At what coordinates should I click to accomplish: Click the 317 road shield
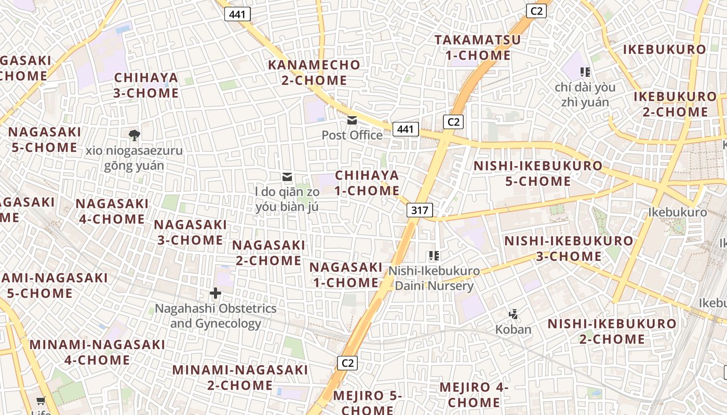coord(419,210)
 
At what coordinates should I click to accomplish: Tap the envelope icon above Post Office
coord(352,121)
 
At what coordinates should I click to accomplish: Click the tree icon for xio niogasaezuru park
coord(134,135)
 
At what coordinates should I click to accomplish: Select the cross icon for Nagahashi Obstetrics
coord(216,293)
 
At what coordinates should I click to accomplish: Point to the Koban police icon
coord(514,314)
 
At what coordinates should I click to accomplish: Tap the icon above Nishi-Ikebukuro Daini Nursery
coord(434,255)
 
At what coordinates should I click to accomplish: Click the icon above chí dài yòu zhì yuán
coord(585,72)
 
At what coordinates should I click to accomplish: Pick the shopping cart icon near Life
coord(41,400)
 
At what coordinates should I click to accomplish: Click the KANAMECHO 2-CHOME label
coord(314,73)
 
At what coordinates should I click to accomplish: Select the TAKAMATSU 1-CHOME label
coord(478,48)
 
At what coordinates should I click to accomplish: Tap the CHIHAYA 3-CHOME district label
coord(146,86)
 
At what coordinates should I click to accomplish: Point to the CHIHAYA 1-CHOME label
coord(367,183)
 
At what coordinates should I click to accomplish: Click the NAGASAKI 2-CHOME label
coord(269,253)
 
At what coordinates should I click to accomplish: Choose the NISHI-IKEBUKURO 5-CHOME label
coord(538,174)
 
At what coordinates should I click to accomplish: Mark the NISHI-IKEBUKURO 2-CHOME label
coord(612,331)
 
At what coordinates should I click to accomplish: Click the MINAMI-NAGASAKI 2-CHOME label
coord(240,378)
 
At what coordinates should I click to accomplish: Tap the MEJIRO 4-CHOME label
coord(474,395)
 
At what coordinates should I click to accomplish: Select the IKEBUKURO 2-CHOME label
coord(675,104)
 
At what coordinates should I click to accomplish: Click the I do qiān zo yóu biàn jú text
coord(287,199)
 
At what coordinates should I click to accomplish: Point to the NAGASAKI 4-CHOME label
coord(112,211)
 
